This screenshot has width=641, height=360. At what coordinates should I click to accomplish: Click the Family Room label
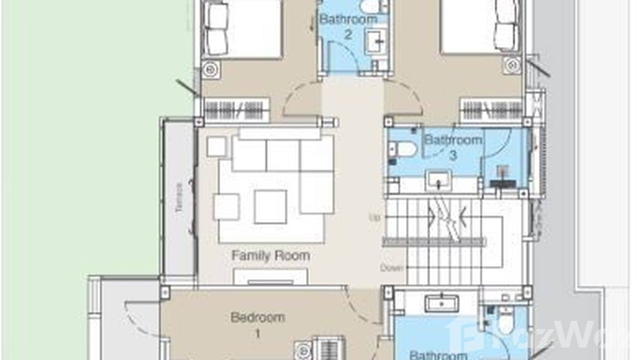[270, 256]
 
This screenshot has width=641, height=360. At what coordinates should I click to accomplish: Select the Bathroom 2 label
[348, 27]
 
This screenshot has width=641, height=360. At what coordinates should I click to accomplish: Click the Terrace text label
[179, 197]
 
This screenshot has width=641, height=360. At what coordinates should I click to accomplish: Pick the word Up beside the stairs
[375, 218]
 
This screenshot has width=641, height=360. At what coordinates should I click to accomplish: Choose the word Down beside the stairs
[392, 268]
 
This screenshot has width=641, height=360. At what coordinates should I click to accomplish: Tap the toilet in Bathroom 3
[404, 149]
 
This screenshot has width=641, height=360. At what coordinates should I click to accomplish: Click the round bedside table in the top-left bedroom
[211, 70]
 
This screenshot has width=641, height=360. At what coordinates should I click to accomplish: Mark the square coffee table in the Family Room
[270, 206]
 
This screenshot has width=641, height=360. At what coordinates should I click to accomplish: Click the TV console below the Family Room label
[270, 277]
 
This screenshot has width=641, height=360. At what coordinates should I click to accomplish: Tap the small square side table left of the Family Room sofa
[216, 147]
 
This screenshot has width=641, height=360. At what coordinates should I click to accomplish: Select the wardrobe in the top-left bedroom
[236, 109]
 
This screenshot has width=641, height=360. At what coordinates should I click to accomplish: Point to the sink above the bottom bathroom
[441, 303]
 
